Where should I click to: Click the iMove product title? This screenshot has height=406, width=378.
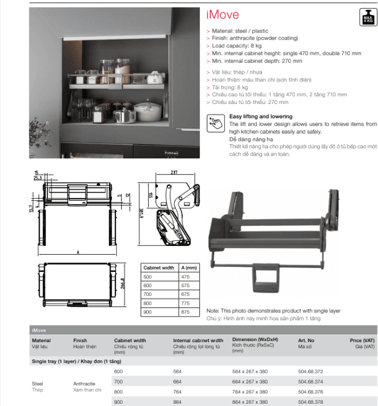(222, 15)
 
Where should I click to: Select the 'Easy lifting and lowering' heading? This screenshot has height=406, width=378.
(261, 117)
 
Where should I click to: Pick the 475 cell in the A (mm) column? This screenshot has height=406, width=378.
(185, 277)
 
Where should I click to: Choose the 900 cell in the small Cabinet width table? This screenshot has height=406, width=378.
(147, 312)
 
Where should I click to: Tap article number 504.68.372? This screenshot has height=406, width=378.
(310, 371)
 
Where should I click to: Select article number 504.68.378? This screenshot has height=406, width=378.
(310, 402)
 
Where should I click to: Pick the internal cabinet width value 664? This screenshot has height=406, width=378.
(178, 381)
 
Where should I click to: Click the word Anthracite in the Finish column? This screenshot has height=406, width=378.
(84, 383)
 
